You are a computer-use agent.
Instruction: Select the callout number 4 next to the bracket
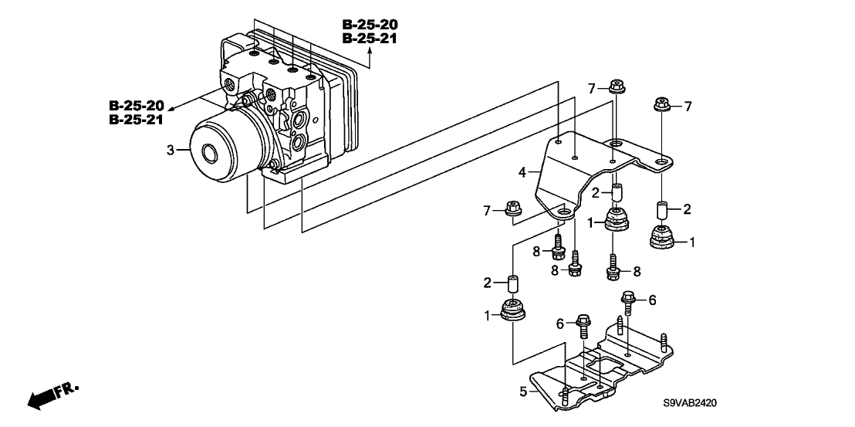(522, 173)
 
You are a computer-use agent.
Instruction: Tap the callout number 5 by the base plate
(523, 391)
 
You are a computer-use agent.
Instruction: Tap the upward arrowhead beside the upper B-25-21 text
(370, 52)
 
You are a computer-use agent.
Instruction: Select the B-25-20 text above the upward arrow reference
(370, 24)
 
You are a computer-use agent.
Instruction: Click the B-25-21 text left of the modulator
(137, 120)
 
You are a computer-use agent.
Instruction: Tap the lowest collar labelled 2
(512, 284)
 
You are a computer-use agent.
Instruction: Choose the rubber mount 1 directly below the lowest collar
(513, 310)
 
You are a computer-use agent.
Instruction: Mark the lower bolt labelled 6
(583, 325)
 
